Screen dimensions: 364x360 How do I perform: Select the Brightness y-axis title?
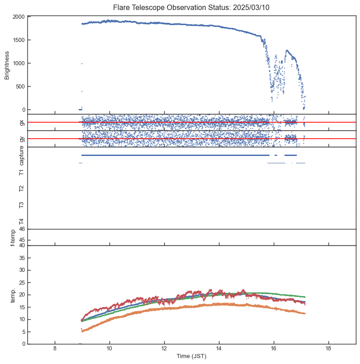(7, 65)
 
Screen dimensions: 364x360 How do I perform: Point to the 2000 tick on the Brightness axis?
(18, 17)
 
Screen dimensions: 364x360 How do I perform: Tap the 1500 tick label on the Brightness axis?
(18, 40)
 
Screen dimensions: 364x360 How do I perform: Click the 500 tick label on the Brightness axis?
(20, 87)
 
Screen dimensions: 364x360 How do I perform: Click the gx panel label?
(21, 122)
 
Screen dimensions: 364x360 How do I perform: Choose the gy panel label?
(21, 139)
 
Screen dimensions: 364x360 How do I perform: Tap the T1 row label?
(21, 172)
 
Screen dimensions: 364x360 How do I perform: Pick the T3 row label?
(21, 205)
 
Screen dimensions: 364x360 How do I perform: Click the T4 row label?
(21, 221)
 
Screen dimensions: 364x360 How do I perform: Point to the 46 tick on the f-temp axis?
(21, 229)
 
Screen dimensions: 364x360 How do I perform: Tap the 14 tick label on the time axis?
(219, 349)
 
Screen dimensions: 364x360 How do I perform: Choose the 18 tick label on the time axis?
(329, 349)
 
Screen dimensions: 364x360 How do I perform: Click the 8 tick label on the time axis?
(55, 349)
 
